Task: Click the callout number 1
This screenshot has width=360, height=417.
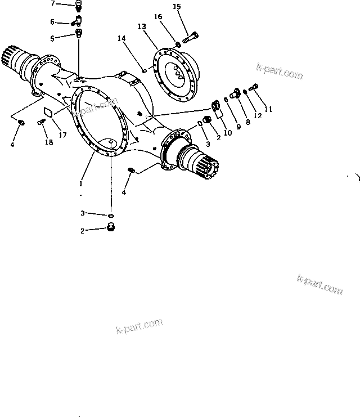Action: pos(81,183)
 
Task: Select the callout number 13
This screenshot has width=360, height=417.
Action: pos(141,26)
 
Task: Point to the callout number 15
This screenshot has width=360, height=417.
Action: pos(177,7)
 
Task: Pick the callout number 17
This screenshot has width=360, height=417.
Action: pos(62,134)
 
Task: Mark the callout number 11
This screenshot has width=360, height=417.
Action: pos(268,109)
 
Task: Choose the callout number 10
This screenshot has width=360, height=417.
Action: pos(227,133)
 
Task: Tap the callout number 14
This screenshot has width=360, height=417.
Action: pos(121,38)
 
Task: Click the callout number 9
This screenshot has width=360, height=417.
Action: pos(238,127)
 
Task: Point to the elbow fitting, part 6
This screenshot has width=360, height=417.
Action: pos(78,22)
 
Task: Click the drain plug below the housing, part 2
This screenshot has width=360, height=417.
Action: pos(111,228)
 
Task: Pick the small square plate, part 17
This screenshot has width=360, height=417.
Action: pos(48,111)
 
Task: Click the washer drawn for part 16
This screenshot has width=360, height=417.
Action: pos(177,44)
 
